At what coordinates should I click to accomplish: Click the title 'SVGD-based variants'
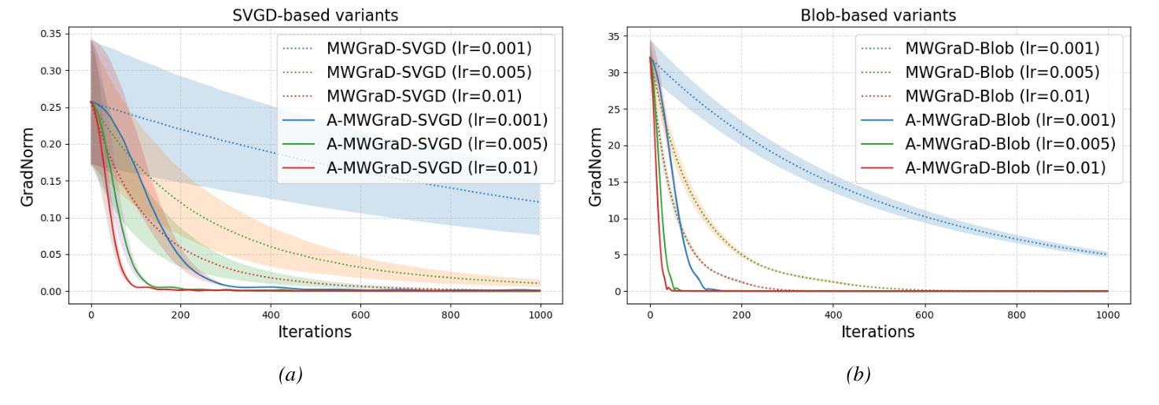pyautogui.click(x=316, y=16)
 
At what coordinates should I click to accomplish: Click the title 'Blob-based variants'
pyautogui.click(x=878, y=16)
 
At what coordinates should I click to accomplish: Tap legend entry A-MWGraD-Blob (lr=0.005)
pyautogui.click(x=996, y=144)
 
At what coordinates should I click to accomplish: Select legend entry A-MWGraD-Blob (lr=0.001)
pyautogui.click(x=996, y=120)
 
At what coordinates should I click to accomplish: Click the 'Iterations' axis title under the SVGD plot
pyautogui.click(x=315, y=332)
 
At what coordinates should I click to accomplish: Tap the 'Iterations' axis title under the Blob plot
pyautogui.click(x=878, y=332)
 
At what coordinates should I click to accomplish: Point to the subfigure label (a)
pyautogui.click(x=290, y=375)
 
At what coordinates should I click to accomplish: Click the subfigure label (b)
pyautogui.click(x=858, y=375)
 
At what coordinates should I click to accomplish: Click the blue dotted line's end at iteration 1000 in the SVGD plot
pyautogui.click(x=539, y=202)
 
